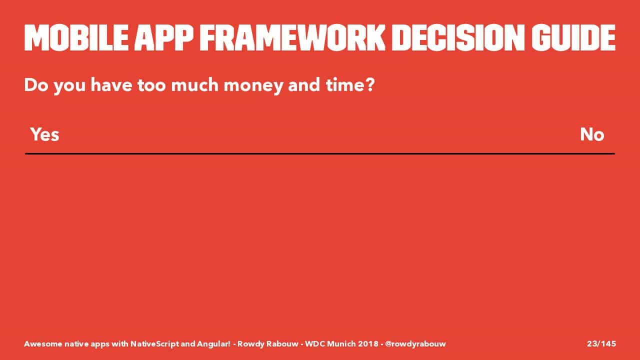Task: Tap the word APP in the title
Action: [164, 37]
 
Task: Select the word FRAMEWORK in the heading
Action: [292, 37]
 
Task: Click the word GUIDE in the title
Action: [573, 37]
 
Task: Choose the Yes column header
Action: [45, 134]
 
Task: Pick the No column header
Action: [592, 134]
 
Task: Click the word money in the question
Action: [253, 85]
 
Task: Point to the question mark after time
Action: [369, 85]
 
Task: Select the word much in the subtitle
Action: [194, 85]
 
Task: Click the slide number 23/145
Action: [601, 343]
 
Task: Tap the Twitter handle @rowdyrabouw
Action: [415, 344]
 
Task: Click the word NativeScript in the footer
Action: [154, 344]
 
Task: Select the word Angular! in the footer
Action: [213, 344]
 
